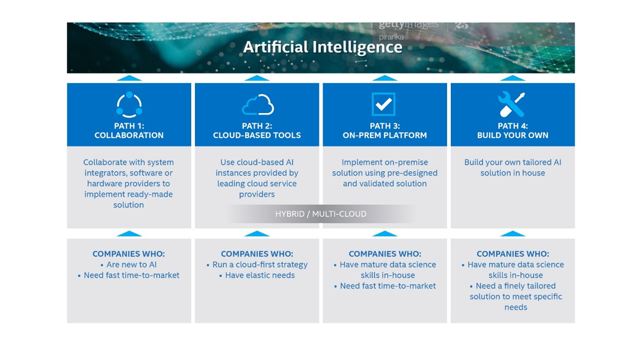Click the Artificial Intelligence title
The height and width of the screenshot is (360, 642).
pos(323,47)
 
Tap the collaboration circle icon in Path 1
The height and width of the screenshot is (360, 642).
pos(129,94)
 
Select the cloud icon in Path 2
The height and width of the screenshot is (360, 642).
pos(257,105)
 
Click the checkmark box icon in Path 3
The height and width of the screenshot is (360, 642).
pos(383,104)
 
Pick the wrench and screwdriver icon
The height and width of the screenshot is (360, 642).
pos(511,104)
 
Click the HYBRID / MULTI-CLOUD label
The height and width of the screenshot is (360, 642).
pos(320,214)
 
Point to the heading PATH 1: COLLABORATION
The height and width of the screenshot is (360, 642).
pos(129,130)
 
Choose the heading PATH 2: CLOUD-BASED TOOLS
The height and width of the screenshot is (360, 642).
pos(257,130)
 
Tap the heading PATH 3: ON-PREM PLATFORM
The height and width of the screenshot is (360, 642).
pos(385,130)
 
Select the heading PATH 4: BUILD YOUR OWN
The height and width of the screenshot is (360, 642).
pos(513,130)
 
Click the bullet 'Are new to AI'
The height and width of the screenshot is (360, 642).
pos(129,265)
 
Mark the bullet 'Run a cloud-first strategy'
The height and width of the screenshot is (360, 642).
pos(257,265)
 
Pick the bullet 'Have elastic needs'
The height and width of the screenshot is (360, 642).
pos(257,275)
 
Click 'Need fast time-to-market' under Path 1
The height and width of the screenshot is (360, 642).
pos(129,275)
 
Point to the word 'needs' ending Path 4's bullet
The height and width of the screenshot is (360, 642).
pos(515,307)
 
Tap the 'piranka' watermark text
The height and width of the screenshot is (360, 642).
pos(391,37)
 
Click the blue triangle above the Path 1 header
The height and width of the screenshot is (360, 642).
pos(129,78)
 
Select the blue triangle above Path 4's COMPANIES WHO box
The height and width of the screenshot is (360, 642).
pos(513,233)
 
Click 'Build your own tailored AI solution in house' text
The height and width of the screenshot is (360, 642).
pos(513,167)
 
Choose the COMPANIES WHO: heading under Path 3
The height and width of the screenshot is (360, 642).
pos(385,254)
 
